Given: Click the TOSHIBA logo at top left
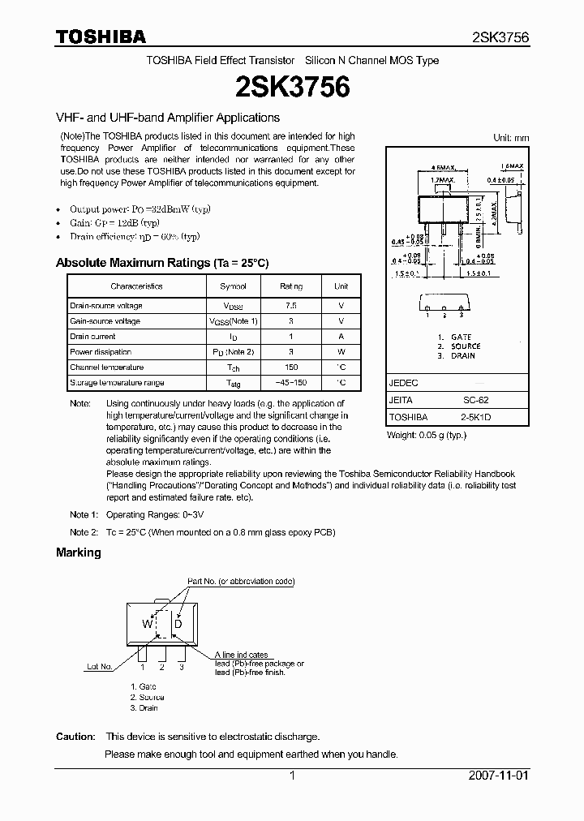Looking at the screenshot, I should coord(101,37).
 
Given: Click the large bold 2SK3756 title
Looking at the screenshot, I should coord(292,88).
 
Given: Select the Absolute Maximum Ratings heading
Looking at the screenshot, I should coord(161,263).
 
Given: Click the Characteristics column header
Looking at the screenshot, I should coord(136,286).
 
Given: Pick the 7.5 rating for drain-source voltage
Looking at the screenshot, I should coord(290,306).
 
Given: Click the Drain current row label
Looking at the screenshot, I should coord(92,337).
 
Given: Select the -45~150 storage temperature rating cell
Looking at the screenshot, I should coord(290,383).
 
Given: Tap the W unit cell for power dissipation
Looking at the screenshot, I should coord(341,352).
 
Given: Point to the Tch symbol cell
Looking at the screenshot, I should coord(233,368).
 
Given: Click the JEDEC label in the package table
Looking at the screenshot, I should coord(404,383).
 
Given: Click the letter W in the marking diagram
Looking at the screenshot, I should coord(147,624).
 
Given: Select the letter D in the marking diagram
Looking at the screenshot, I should coord(178,624).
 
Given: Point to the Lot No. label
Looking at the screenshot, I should coord(100,666).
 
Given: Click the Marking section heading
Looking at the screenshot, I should coord(79,552).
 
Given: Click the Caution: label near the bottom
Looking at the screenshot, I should coord(75,737).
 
